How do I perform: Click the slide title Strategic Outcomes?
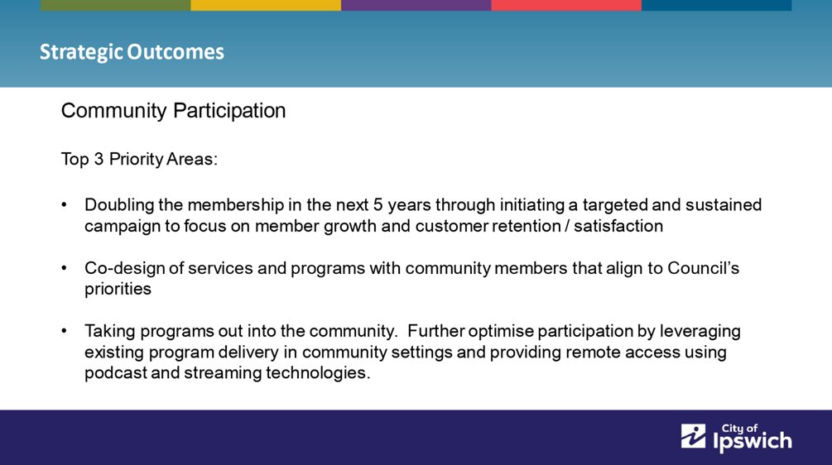(132, 52)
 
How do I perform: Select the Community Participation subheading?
(173, 111)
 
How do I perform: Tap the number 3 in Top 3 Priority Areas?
(99, 159)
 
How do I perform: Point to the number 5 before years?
(378, 204)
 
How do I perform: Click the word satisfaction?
(618, 226)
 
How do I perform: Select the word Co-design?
(124, 268)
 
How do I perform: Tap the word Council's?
(703, 268)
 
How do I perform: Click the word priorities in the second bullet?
(118, 289)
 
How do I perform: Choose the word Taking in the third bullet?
(109, 332)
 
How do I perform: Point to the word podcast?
(116, 372)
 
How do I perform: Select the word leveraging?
(700, 332)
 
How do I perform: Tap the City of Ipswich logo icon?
(694, 436)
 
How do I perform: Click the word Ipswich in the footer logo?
(753, 441)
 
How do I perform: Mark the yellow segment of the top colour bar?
(266, 5)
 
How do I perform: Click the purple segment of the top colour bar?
(416, 5)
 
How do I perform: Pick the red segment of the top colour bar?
(566, 5)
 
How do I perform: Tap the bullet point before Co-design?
(65, 268)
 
